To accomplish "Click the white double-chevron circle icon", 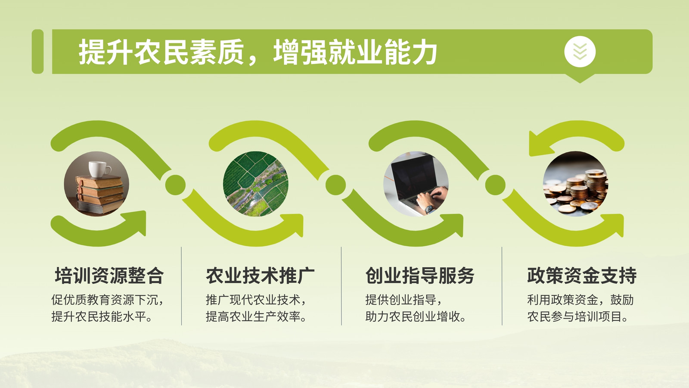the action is (x=580, y=51).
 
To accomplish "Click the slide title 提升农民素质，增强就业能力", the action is (x=258, y=52).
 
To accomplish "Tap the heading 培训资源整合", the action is (x=109, y=275).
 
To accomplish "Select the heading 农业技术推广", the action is (x=260, y=275).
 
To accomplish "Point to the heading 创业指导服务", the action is (x=420, y=275).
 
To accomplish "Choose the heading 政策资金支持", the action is (x=582, y=275).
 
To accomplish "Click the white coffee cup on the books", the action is (x=99, y=169).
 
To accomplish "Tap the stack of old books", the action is (x=100, y=194).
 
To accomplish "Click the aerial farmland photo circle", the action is (x=256, y=184).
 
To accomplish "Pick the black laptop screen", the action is (x=415, y=176).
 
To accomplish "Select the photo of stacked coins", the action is (x=575, y=184).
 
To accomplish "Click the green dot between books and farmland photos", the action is (x=175, y=185).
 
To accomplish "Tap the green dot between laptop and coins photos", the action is (x=495, y=185).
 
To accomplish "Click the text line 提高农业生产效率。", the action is (x=256, y=316).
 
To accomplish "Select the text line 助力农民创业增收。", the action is (x=416, y=316).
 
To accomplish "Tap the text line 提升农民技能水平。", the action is (x=102, y=316).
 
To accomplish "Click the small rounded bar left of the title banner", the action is (x=37, y=51).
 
